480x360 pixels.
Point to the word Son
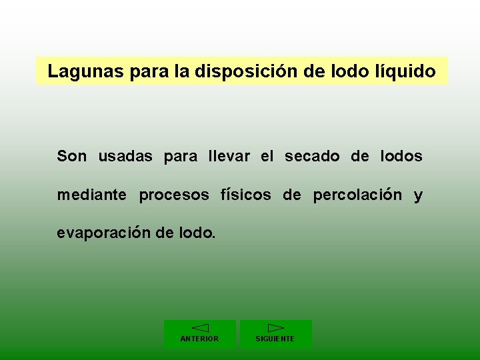(x=71, y=157)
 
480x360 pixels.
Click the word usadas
(x=126, y=157)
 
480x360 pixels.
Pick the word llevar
(x=229, y=157)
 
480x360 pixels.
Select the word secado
(x=312, y=157)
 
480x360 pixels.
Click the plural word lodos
(x=401, y=157)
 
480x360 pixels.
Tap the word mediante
(x=91, y=195)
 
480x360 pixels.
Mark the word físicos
(x=245, y=195)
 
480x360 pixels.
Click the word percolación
(x=357, y=195)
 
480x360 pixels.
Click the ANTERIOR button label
(x=199, y=339)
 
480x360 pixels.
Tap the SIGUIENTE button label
(x=275, y=339)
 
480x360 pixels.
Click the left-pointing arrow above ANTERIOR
(x=200, y=327)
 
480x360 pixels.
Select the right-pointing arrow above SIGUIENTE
(x=276, y=327)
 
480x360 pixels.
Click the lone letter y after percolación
(x=418, y=196)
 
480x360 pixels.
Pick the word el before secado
(x=267, y=157)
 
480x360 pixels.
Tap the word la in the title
(x=181, y=71)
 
